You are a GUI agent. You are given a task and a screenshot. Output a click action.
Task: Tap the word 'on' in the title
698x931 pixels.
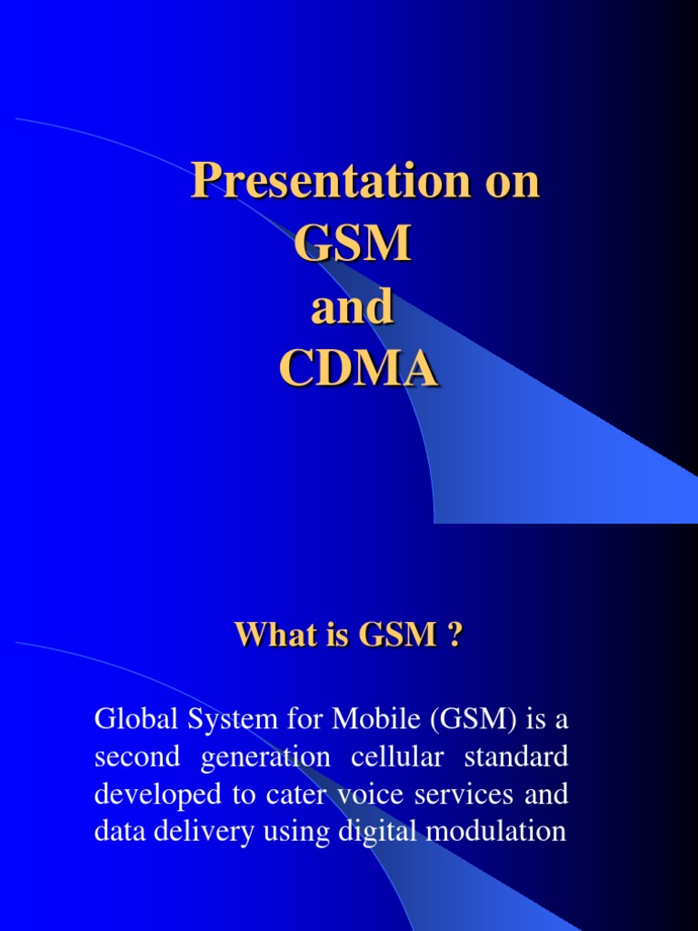(509, 182)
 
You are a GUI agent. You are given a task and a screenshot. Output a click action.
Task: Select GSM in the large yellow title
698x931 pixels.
(352, 245)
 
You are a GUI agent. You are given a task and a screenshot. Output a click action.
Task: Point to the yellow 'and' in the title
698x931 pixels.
(352, 308)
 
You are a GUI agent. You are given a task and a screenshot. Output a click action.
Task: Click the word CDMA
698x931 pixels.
(358, 370)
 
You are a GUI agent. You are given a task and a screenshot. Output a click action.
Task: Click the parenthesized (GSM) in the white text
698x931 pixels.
(467, 721)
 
